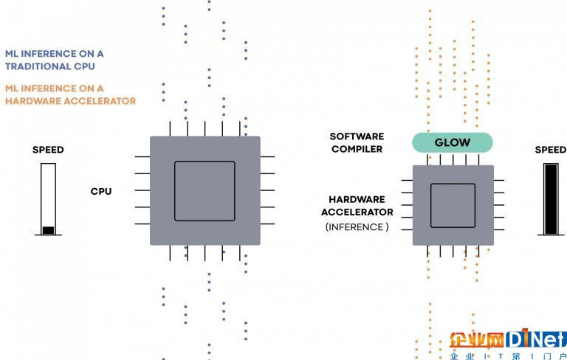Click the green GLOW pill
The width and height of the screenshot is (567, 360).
coord(453,142)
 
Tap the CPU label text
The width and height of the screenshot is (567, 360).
coord(101,191)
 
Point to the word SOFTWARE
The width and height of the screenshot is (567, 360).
coord(357,136)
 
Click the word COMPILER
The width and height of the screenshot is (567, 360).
coord(357,149)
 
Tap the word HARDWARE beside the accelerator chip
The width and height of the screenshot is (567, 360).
coord(357,199)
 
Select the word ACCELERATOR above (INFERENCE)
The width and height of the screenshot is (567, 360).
coord(357,212)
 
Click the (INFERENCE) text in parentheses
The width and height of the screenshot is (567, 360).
coord(357,227)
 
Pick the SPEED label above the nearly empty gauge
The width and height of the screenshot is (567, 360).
coord(48,150)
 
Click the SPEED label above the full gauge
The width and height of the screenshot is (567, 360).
coord(551,150)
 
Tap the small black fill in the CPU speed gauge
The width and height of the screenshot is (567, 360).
coord(48,230)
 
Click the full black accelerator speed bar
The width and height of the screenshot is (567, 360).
coord(551,199)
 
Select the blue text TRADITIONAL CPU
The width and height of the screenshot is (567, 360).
coord(50,66)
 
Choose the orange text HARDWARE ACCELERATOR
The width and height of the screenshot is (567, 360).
coord(71,101)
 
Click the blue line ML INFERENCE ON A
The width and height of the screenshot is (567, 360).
coord(54,54)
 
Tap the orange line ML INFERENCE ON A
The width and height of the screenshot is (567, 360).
coord(54,89)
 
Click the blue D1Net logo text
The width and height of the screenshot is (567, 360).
coord(536,339)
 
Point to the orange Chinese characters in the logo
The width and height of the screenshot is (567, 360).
coord(477,340)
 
